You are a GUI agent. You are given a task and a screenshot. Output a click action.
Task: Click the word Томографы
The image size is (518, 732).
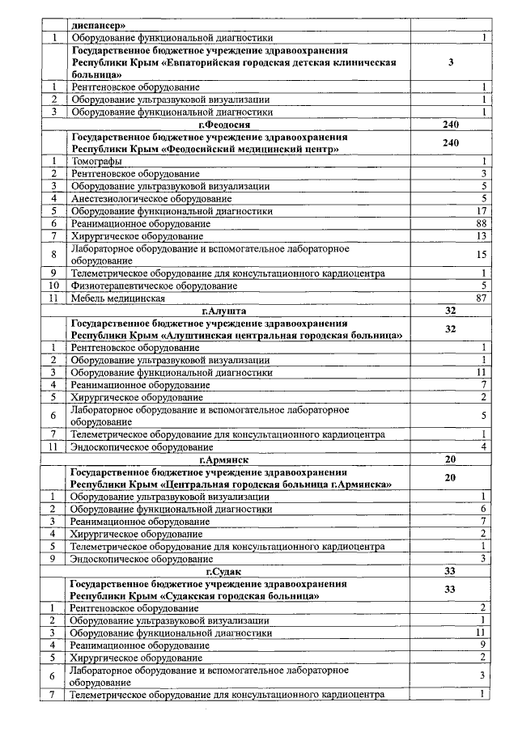(x=96, y=162)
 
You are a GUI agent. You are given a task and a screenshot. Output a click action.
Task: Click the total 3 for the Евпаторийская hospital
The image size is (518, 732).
(x=451, y=62)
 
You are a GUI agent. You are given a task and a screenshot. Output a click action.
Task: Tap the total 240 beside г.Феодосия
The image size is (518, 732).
(x=451, y=125)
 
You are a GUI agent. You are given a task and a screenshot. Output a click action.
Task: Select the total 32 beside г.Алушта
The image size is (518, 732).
(x=451, y=310)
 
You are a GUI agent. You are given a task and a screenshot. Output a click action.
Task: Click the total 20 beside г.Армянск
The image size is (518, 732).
(x=451, y=459)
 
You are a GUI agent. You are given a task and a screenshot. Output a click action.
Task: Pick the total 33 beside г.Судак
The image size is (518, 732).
(x=451, y=571)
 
